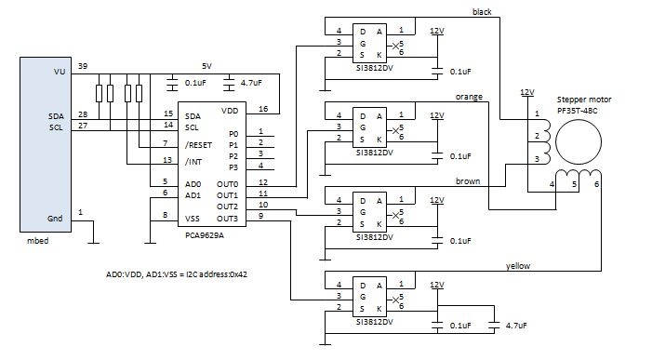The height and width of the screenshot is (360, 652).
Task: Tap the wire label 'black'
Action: coord(482,12)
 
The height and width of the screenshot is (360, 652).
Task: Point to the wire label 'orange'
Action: coord(470,96)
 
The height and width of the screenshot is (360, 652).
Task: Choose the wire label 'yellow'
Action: coord(517,265)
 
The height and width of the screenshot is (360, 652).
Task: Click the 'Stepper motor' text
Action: coord(584,99)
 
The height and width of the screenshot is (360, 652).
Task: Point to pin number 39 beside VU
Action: coord(82,67)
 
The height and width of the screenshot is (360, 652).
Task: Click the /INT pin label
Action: coord(193,161)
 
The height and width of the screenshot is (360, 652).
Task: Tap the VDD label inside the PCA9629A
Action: coord(231,110)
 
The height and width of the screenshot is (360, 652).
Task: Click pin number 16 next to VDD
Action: coord(263,108)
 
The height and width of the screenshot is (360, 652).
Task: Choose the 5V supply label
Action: coord(207,66)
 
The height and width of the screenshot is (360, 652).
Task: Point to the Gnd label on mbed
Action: coord(55,218)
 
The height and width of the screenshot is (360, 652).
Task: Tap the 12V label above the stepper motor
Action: coord(527,92)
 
